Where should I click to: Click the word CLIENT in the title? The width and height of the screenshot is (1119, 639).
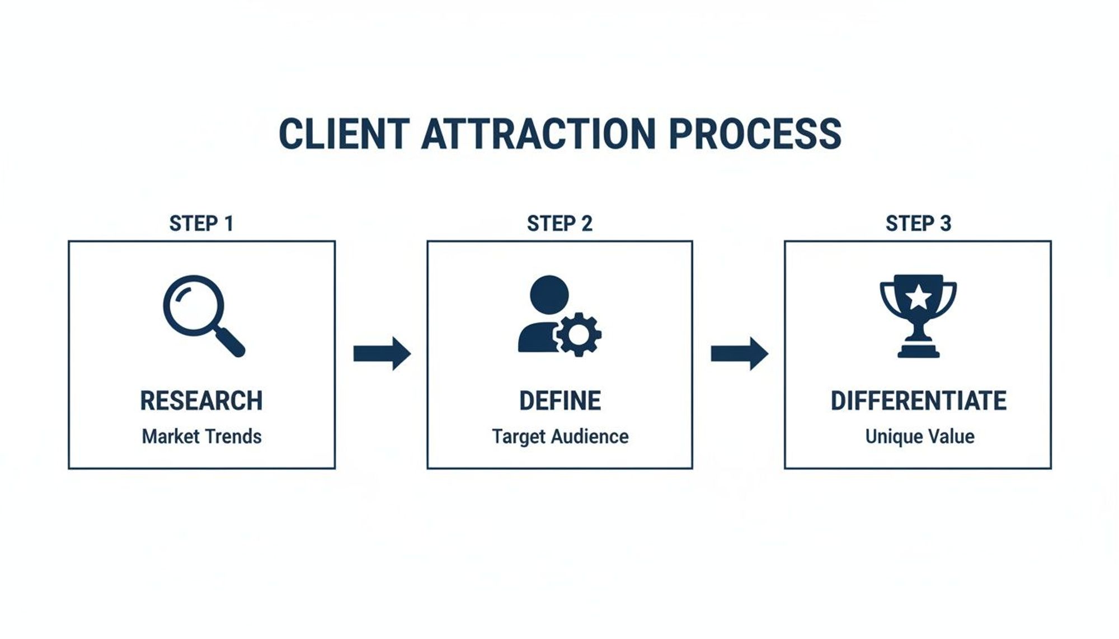[344, 134]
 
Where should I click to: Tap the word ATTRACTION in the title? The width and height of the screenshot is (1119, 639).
[538, 134]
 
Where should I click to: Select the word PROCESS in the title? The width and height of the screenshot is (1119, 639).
[755, 134]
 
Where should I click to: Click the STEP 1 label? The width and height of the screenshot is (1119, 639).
[201, 224]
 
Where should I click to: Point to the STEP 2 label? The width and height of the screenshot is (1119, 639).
[559, 224]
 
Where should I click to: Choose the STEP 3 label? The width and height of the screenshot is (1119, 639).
[918, 224]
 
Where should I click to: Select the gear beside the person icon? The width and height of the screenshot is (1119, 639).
[579, 334]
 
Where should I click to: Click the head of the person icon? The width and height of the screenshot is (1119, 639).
[549, 294]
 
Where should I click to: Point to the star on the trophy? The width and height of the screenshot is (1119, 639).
[918, 297]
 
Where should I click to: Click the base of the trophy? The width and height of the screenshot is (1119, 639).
[918, 352]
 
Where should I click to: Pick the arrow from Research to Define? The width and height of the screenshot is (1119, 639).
[382, 353]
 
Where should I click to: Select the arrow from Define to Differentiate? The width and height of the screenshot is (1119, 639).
[739, 353]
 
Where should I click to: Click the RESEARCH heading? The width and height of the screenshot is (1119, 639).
[201, 401]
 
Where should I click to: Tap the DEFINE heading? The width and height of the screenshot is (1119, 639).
[560, 401]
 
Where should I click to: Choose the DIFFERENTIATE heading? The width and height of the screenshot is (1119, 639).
[919, 401]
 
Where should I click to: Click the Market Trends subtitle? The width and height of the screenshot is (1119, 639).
[201, 437]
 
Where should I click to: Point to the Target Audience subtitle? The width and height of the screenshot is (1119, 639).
[560, 437]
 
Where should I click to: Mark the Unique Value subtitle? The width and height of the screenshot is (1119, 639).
[920, 437]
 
